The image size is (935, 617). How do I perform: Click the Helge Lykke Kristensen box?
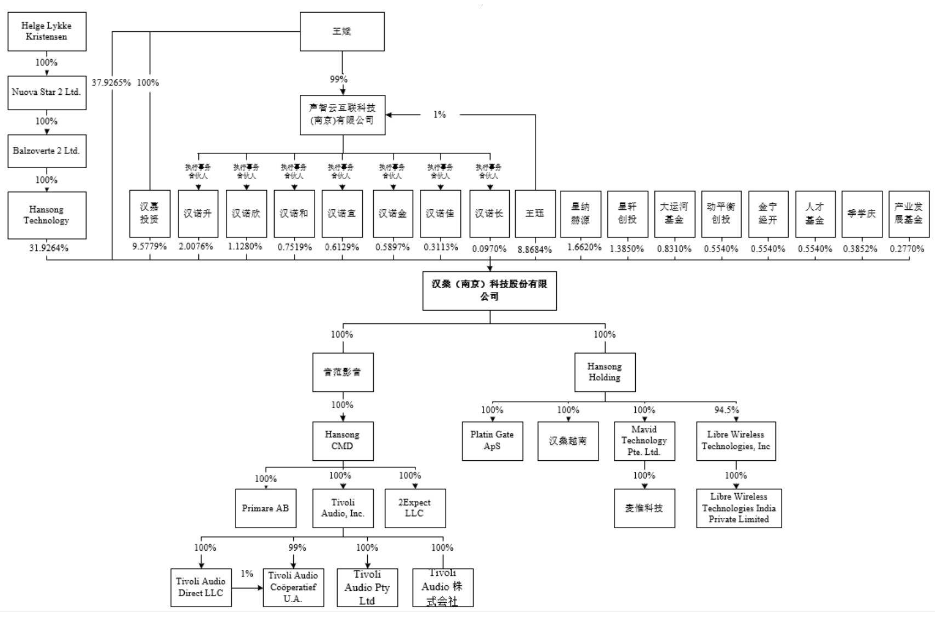pos(47,31)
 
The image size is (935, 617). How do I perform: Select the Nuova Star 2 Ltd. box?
pos(47,92)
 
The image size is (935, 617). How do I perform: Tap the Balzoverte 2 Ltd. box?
pos(47,151)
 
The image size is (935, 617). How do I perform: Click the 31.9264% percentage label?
pos(49,248)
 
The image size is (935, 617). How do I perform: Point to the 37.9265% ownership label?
pos(111,83)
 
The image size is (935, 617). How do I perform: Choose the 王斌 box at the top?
pos(342,31)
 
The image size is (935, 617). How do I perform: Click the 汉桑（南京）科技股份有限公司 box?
pos(489,290)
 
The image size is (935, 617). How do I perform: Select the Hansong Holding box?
pos(605,372)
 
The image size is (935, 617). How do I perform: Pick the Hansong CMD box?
pos(343,441)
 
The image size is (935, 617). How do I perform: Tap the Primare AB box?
pos(266,509)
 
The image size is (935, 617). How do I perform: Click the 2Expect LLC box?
pos(415,509)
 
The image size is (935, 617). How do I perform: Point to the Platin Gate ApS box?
pos(492,441)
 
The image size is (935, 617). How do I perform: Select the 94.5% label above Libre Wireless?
pos(726,410)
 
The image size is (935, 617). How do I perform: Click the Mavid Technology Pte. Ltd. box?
pos(644,441)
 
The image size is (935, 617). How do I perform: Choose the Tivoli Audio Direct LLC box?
pos(201,587)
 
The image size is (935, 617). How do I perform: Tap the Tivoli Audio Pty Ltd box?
pos(367,587)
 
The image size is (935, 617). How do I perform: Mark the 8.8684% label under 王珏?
pos(534,249)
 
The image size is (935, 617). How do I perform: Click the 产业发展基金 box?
pos(909,214)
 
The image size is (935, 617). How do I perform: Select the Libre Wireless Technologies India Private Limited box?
pos(739,509)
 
